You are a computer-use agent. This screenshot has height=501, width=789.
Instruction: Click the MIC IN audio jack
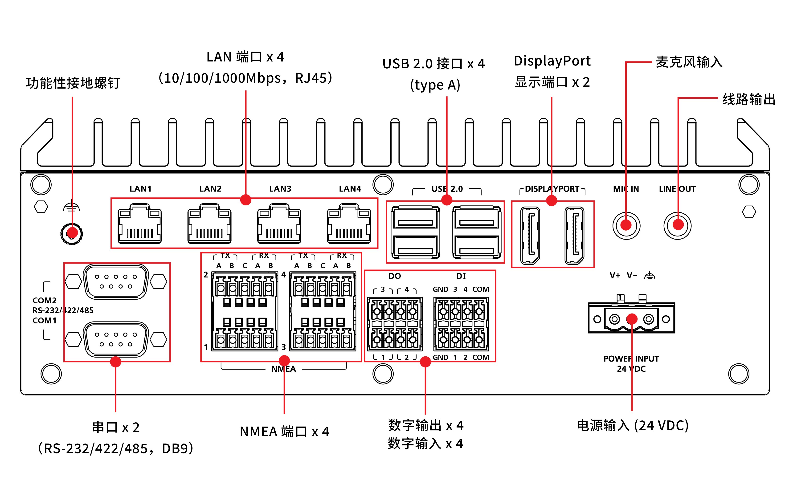(626, 225)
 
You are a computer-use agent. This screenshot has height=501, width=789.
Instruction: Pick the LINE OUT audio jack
(677, 225)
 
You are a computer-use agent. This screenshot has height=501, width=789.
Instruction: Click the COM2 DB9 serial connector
(116, 281)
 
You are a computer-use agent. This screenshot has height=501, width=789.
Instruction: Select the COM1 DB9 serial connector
(116, 339)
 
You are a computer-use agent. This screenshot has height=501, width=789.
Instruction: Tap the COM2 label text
(45, 301)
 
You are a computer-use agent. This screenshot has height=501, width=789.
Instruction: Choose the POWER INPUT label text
(631, 359)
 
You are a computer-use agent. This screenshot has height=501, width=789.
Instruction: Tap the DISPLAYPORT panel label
(552, 189)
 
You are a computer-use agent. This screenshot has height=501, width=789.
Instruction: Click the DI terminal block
(461, 324)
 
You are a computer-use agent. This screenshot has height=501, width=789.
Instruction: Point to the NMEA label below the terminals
(284, 369)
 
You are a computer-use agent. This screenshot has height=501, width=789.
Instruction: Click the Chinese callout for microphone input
(689, 62)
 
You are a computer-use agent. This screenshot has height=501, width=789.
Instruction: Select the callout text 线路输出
(749, 99)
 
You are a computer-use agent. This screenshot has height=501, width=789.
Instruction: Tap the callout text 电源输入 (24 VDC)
(632, 425)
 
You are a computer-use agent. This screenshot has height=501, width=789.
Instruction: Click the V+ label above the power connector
(615, 275)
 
